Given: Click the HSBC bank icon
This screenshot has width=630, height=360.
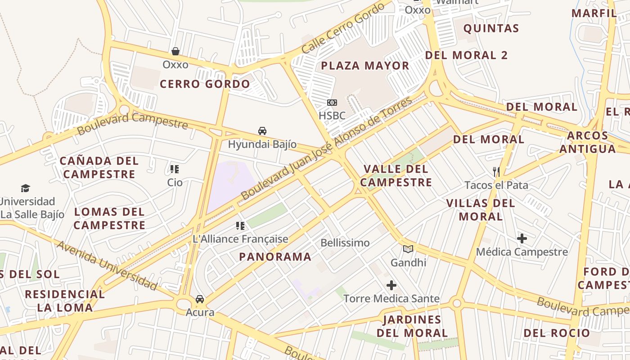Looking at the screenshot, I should pos(332,103).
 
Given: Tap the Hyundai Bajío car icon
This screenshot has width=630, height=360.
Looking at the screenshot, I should pos(262,131).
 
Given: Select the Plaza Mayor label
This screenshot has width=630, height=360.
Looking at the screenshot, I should pos(365,66).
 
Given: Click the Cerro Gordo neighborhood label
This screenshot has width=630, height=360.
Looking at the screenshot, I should pos(205,84).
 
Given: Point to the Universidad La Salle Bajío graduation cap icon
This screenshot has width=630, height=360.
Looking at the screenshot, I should pos(25,188).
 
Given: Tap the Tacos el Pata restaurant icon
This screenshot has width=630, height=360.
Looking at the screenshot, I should pos(496,171).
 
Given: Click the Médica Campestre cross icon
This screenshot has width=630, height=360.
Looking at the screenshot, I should pos(522,238).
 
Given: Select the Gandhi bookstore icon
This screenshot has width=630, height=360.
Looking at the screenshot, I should pos(408,249).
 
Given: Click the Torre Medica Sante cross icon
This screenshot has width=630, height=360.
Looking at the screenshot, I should pos(391,285).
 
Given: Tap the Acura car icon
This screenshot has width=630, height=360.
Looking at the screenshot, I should pos(200,299).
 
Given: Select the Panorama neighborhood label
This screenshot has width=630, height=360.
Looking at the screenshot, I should pos(275,257).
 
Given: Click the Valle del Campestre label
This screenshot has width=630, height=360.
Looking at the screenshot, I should pos(396,175).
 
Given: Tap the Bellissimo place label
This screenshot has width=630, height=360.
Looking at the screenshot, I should pos(345,243).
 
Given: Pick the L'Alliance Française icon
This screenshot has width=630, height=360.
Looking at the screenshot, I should pos(240,225).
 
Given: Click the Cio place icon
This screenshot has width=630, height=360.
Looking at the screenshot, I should pos(175,169).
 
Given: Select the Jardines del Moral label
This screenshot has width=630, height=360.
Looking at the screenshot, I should pos(412,326).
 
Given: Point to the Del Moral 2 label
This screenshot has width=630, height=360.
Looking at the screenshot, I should pos(466,55).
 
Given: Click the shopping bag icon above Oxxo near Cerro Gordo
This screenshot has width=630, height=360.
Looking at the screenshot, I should pos(175,51).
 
